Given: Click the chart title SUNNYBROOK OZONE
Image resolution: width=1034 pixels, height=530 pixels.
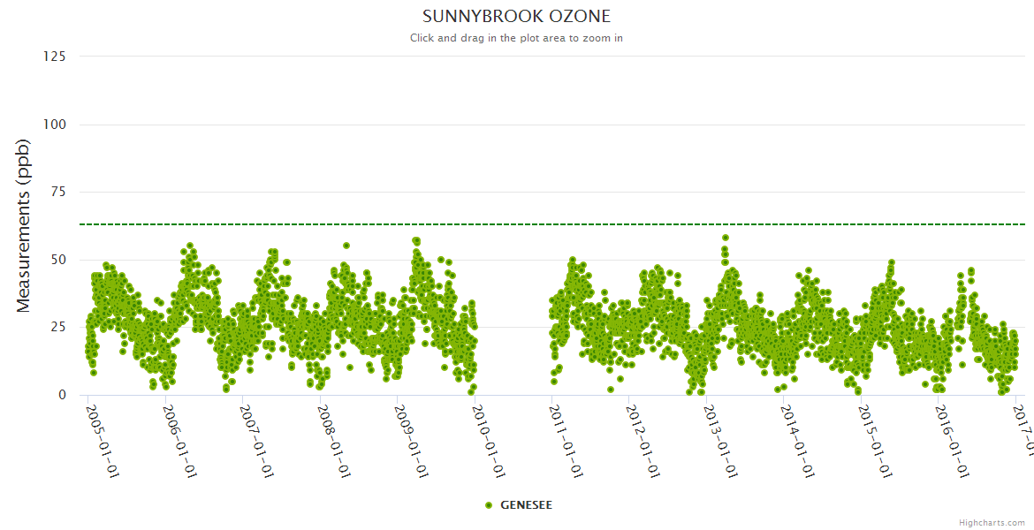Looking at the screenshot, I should pyautogui.click(x=516, y=17).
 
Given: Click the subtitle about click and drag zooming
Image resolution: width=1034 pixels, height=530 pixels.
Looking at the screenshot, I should pyautogui.click(x=516, y=38).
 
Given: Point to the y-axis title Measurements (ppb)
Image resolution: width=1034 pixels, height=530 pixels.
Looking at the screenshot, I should pyautogui.click(x=24, y=226).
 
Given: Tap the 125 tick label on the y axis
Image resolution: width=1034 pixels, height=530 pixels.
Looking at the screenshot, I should pyautogui.click(x=54, y=57).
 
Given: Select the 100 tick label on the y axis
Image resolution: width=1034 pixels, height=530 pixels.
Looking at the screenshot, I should pyautogui.click(x=54, y=125).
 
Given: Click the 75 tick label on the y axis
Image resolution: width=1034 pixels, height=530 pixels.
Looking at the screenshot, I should pyautogui.click(x=57, y=192).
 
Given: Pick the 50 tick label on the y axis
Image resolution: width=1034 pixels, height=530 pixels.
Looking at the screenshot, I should pyautogui.click(x=57, y=260).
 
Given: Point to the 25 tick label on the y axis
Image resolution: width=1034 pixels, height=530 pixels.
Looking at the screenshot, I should pyautogui.click(x=57, y=328).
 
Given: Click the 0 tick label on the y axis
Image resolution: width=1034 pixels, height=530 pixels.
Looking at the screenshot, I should pyautogui.click(x=61, y=395).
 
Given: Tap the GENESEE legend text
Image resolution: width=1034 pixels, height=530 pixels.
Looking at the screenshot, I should pyautogui.click(x=527, y=505).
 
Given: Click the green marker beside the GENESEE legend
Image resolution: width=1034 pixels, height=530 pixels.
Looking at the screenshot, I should pyautogui.click(x=489, y=505).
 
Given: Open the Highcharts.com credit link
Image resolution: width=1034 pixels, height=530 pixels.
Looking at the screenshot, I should pyautogui.click(x=992, y=523).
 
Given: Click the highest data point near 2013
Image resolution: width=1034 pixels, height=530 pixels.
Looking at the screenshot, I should pyautogui.click(x=726, y=238).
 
